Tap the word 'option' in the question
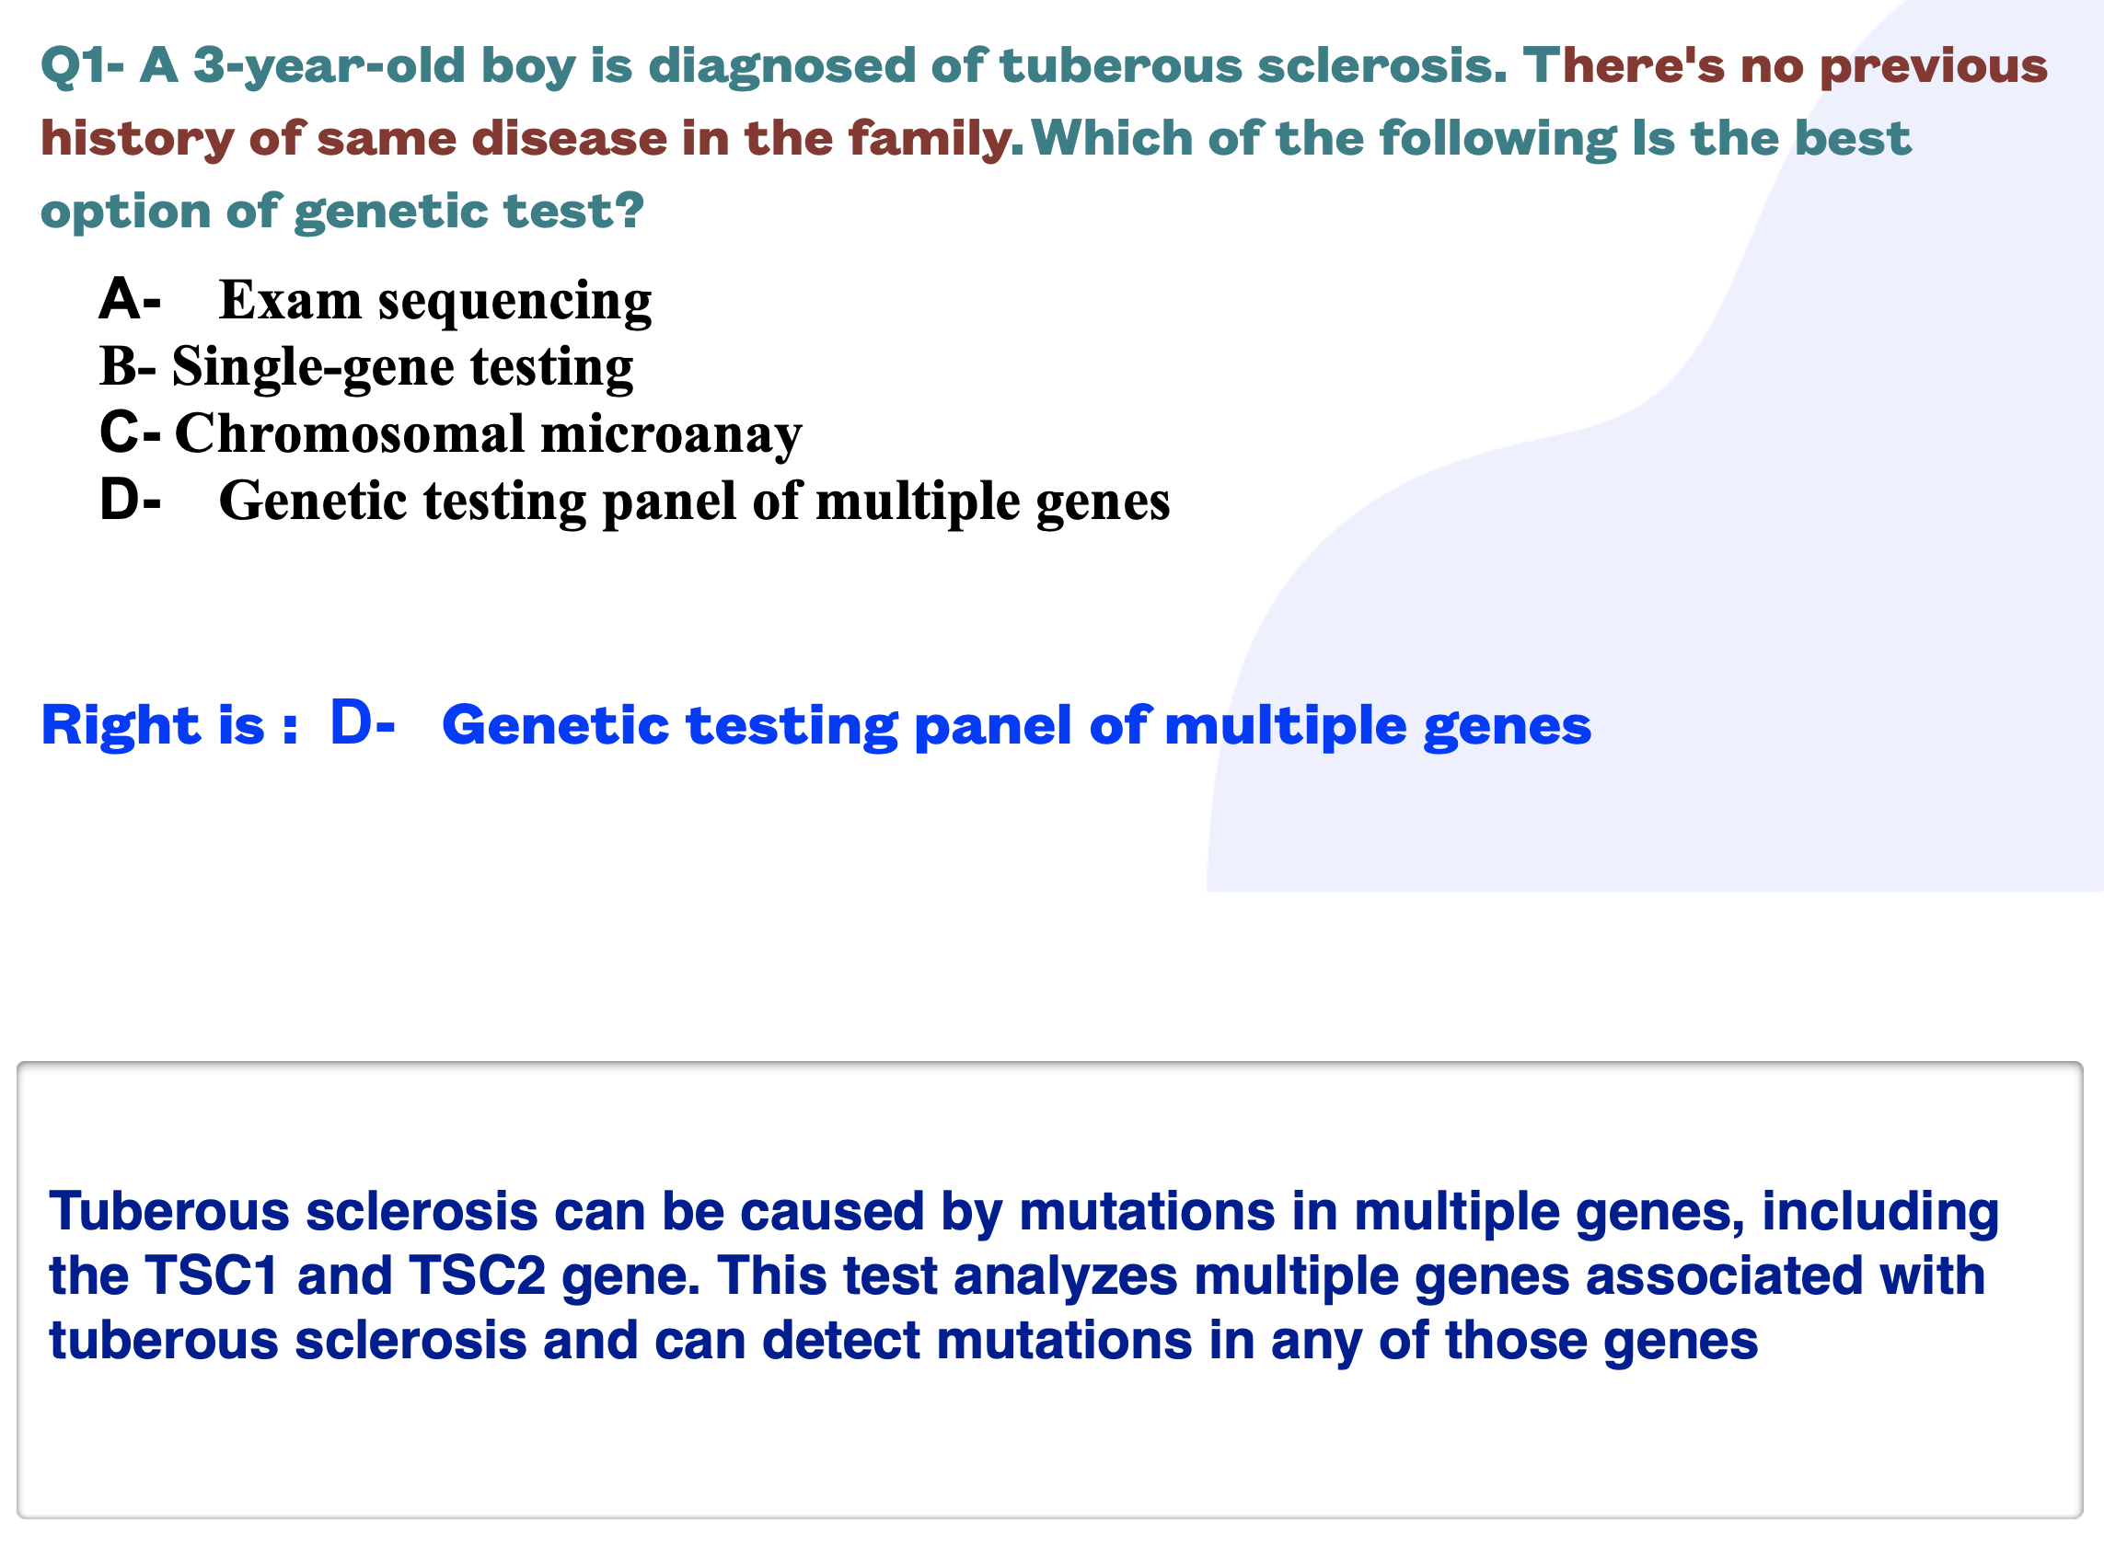[x=125, y=213]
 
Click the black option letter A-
[x=130, y=299]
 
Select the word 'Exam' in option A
[x=290, y=300]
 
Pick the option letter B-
[x=127, y=366]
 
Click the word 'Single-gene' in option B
[x=313, y=368]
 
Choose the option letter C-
[x=130, y=433]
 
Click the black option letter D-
[x=130, y=500]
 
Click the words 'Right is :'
[x=169, y=725]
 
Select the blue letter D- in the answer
[x=364, y=724]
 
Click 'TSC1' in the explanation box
[x=213, y=1276]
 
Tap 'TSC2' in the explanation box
[x=478, y=1276]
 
